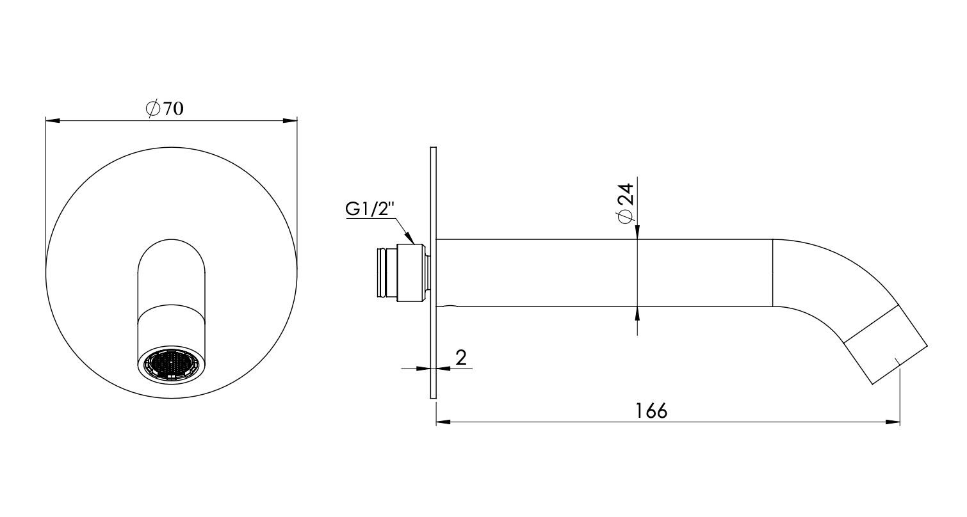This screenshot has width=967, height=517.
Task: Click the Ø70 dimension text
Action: pos(165,109)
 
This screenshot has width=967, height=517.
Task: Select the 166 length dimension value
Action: pos(651,410)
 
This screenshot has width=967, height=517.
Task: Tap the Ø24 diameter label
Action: pos(626,203)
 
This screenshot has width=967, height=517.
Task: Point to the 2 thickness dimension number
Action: pos(460,357)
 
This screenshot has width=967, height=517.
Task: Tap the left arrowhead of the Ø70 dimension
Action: pos(52,120)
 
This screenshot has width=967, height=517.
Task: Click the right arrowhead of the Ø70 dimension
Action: pos(291,120)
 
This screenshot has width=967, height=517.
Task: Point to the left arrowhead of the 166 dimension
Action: pos(443,422)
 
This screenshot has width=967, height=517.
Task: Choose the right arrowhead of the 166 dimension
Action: pos(893,422)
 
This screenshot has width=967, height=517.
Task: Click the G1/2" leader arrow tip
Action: pos(414,242)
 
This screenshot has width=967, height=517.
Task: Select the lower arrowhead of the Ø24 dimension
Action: pos(638,312)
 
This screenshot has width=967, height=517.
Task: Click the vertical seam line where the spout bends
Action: pos(773,273)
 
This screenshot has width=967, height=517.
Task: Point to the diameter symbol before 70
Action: pos(153,109)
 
